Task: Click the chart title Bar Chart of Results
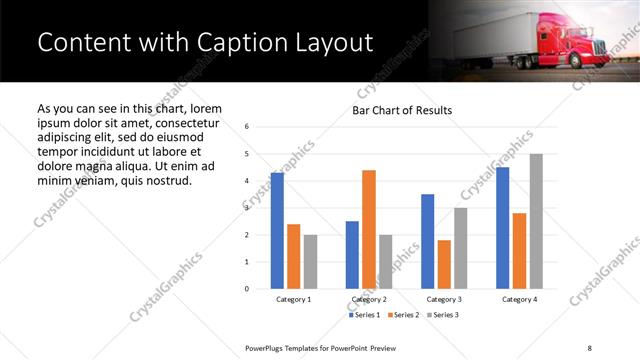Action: (402, 111)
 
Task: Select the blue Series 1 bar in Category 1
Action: (277, 231)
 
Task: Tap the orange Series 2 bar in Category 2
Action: (369, 229)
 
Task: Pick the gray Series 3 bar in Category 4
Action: (536, 221)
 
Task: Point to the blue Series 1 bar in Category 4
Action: (503, 228)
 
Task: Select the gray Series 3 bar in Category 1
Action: (310, 261)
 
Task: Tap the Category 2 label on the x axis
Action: (369, 299)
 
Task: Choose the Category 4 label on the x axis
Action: (519, 299)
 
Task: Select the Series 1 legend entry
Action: (364, 316)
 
